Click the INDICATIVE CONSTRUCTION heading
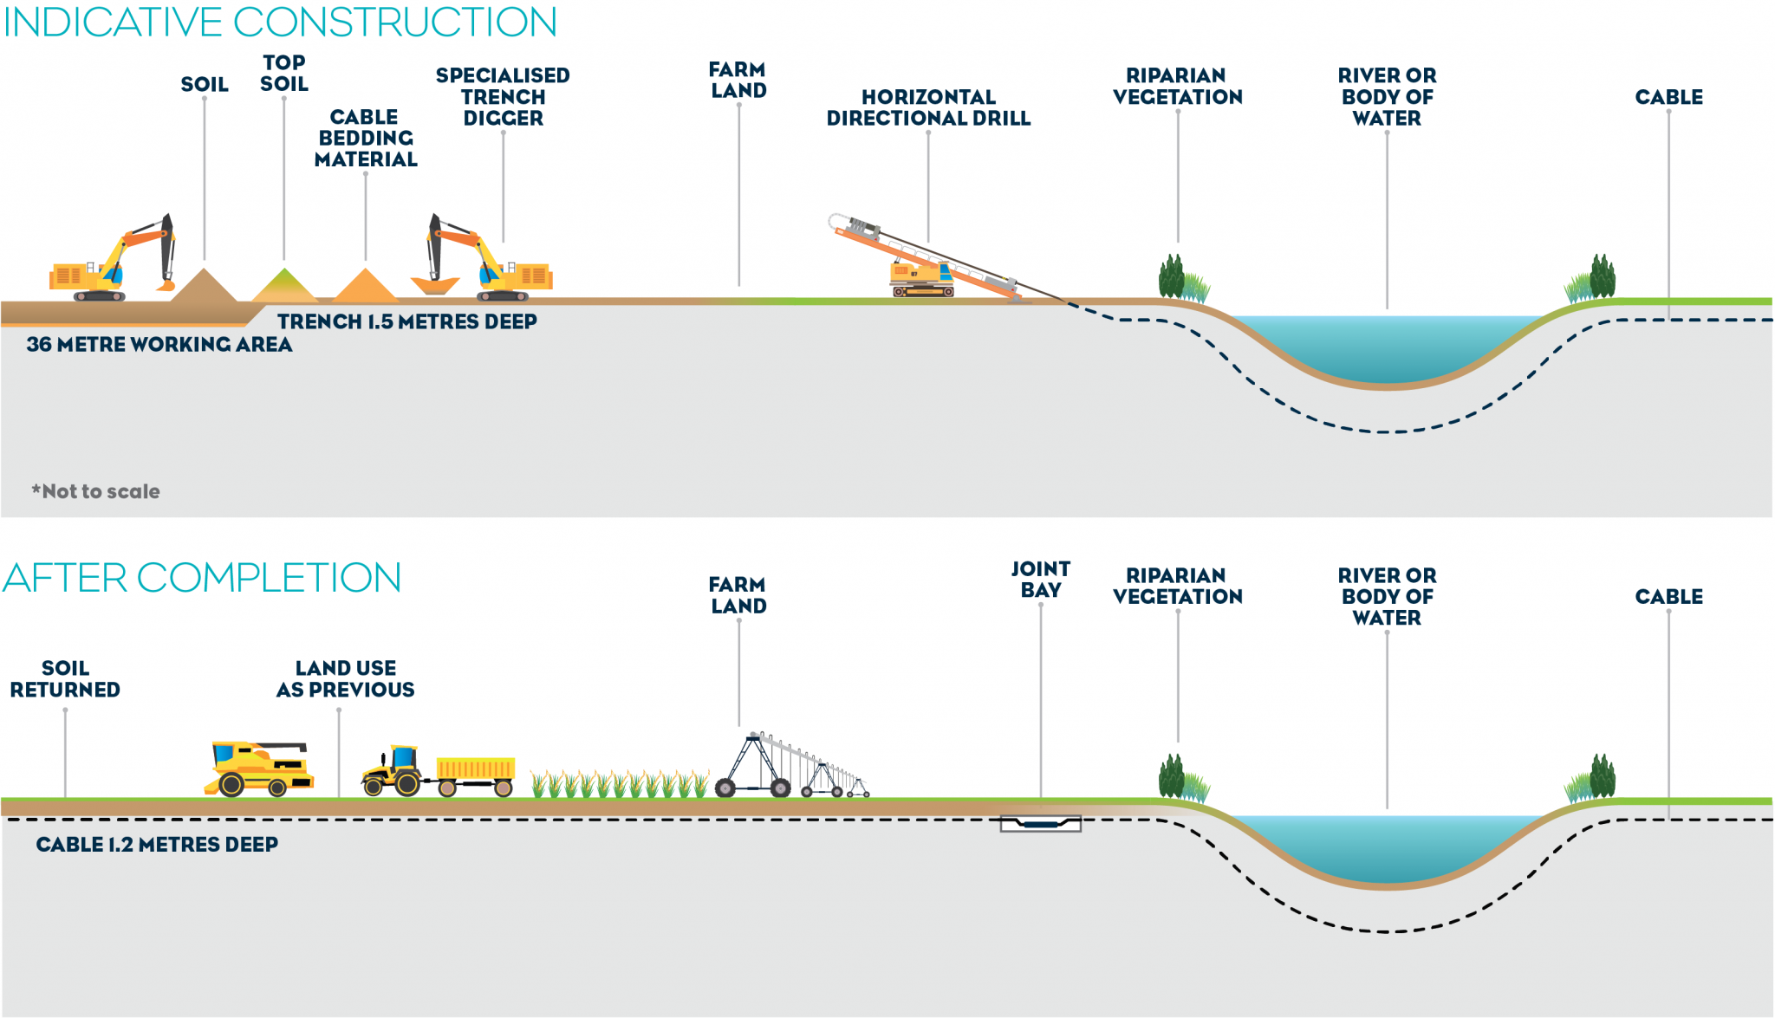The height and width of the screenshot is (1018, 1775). coord(280,23)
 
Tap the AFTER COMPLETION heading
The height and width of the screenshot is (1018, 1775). coord(202,578)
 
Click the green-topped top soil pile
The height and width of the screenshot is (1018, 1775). coord(284,286)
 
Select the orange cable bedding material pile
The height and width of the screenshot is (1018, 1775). coord(366,287)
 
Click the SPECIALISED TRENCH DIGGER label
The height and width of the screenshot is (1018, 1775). coord(503,97)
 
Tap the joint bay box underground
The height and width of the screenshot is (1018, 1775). coord(1040,823)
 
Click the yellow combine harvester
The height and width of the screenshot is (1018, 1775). coord(260,768)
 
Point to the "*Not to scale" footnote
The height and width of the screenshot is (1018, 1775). coord(96,491)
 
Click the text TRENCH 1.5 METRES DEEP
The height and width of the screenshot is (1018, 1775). coord(406,321)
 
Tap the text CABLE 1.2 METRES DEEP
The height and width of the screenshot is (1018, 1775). coord(157,844)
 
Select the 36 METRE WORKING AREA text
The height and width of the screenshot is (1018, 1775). coord(159,344)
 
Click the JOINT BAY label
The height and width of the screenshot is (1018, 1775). coord(1040,580)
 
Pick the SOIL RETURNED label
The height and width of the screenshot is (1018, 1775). coord(65,678)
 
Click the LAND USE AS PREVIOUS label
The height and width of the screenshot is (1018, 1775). coord(345,678)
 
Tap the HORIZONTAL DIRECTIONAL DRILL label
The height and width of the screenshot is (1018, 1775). coord(928,107)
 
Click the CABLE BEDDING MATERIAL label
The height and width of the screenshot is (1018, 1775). coord(365,138)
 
